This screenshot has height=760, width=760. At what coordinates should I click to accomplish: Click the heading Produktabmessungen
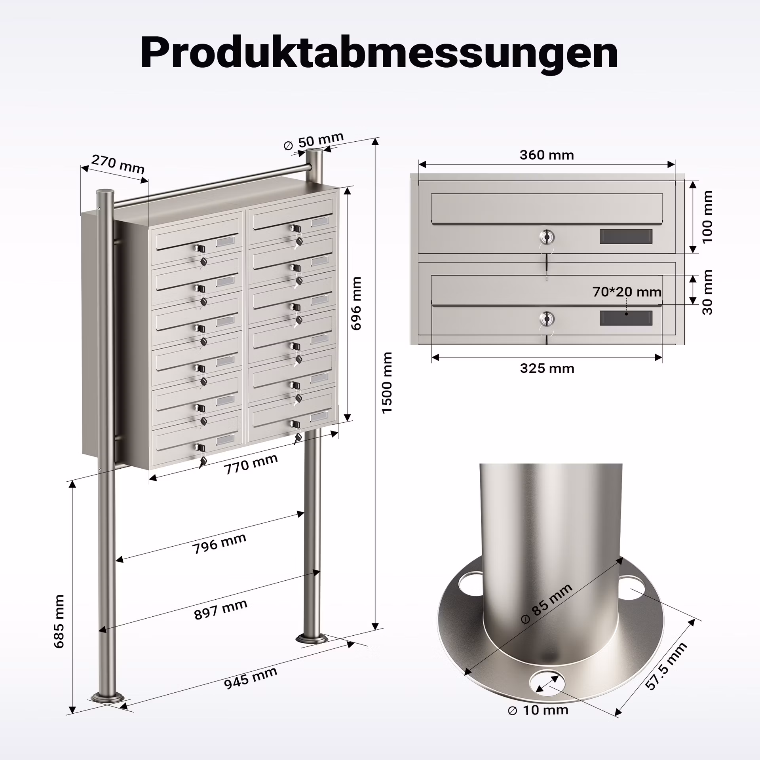pos(379,53)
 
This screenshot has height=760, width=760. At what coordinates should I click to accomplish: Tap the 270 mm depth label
pos(118,164)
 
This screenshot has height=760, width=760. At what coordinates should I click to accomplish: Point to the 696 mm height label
pos(356,303)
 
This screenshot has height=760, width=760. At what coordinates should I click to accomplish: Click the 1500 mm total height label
pos(387,382)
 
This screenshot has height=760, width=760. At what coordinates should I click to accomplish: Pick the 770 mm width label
pos(251,464)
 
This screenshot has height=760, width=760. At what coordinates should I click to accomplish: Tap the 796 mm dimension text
pos(220,543)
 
